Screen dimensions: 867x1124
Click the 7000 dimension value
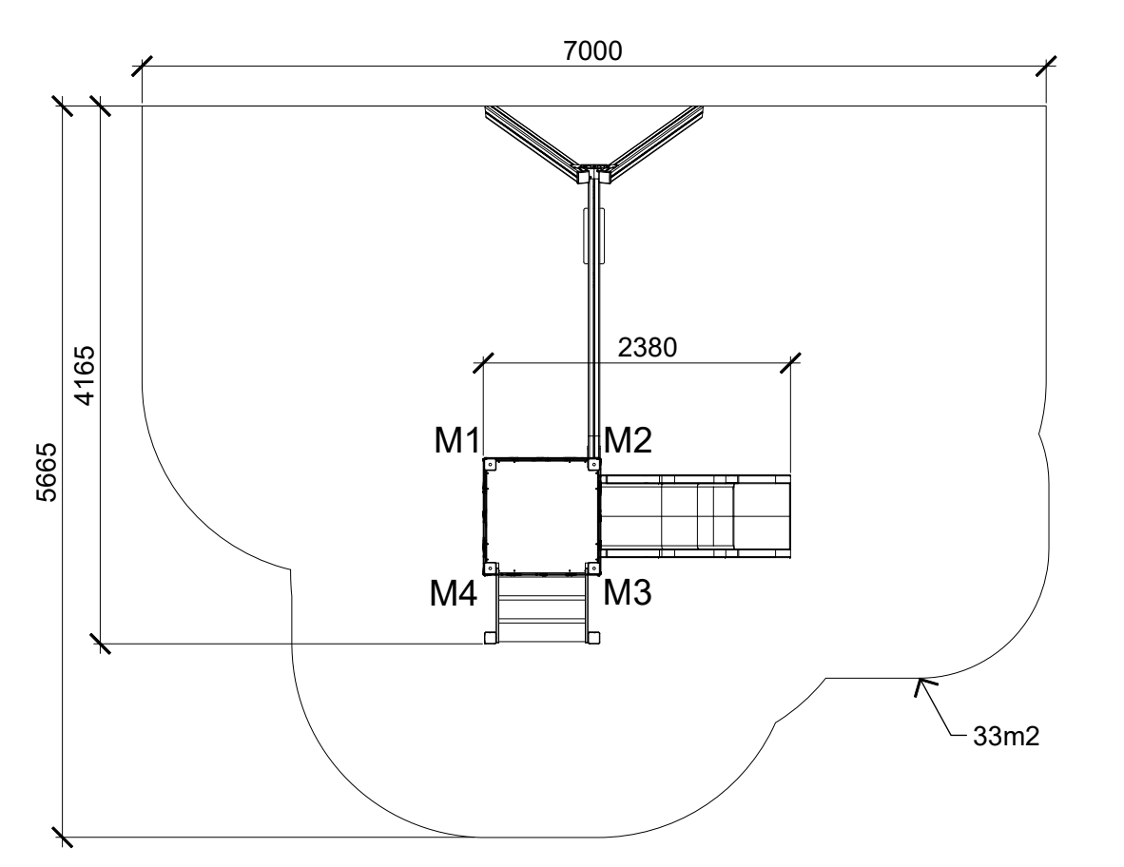592,50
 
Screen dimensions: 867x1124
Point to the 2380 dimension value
647,347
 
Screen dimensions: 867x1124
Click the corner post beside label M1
490,464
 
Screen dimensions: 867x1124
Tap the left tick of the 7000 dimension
142,67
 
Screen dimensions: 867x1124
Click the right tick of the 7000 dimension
1047,67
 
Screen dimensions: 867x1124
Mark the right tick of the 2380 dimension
790,362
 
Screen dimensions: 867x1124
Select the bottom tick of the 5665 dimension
63,838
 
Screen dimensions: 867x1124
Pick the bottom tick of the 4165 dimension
100,645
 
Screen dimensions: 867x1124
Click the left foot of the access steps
491,637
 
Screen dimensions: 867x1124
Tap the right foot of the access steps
593,637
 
